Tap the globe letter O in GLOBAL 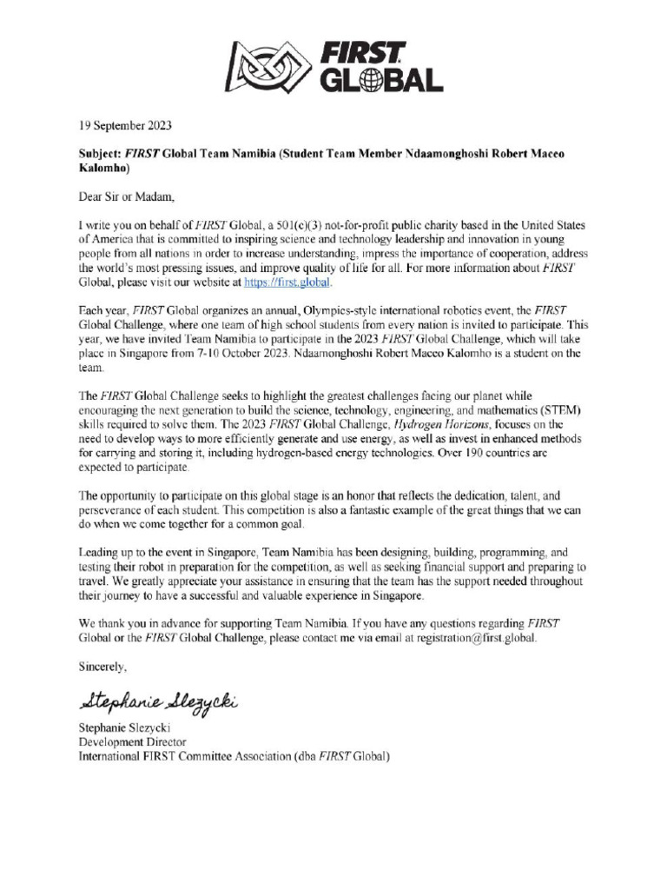pos(373,80)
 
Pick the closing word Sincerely pos(102,667)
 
